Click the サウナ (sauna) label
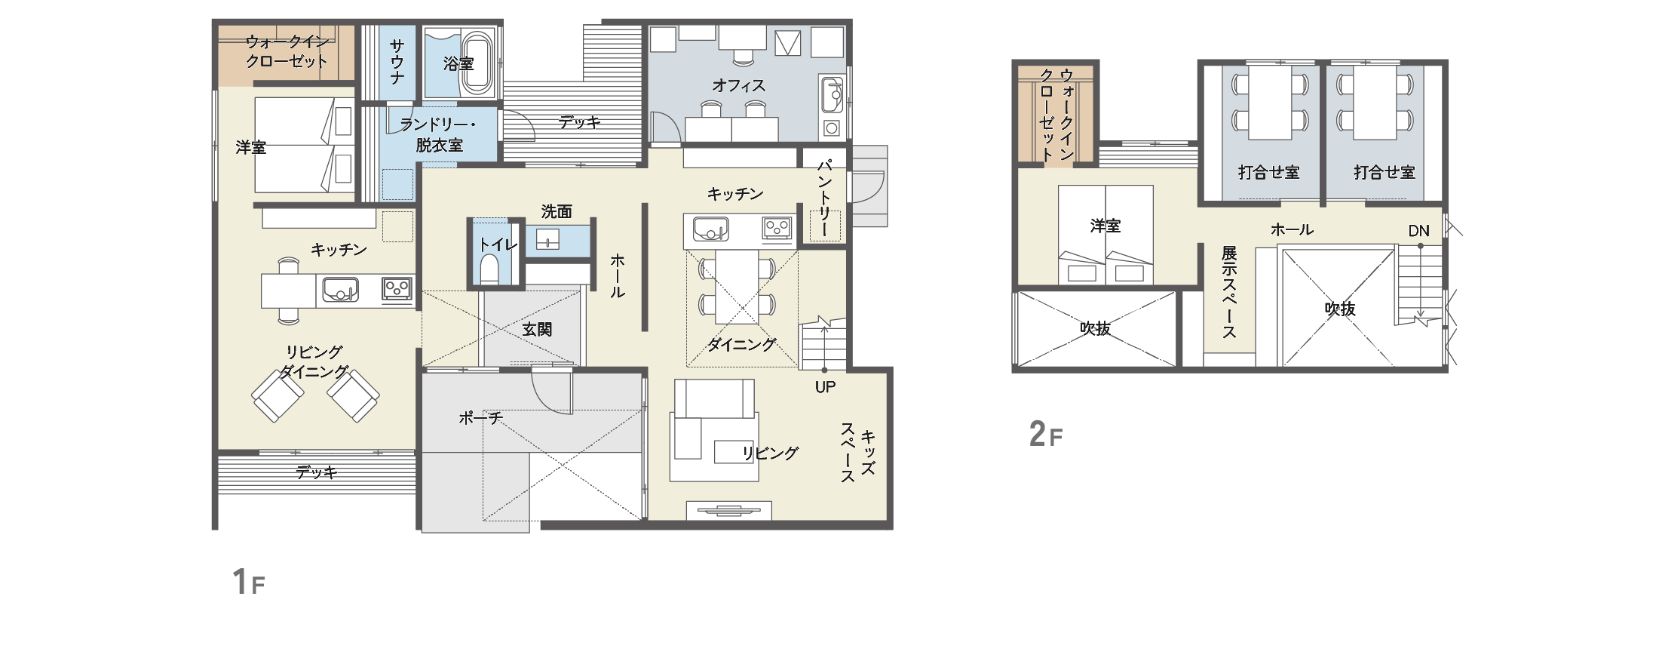pos(397,62)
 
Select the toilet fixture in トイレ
pos(489,270)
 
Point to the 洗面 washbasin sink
pos(547,240)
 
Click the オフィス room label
pos(738,86)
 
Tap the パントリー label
pos(824,198)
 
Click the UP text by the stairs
pos(825,387)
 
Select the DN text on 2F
pos(1418,231)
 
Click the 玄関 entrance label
pos(537,330)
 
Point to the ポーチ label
pos(480,417)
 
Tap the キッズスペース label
pos(857,452)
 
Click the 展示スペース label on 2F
pos(1229,292)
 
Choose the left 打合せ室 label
pos(1268,173)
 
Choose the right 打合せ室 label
pos(1384,173)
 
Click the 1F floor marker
pos(249,582)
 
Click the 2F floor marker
pos(1046,434)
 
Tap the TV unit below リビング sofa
pos(729,511)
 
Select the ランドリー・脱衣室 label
pos(439,134)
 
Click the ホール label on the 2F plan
pos(1292,229)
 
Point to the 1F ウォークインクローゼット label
pos(287,51)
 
